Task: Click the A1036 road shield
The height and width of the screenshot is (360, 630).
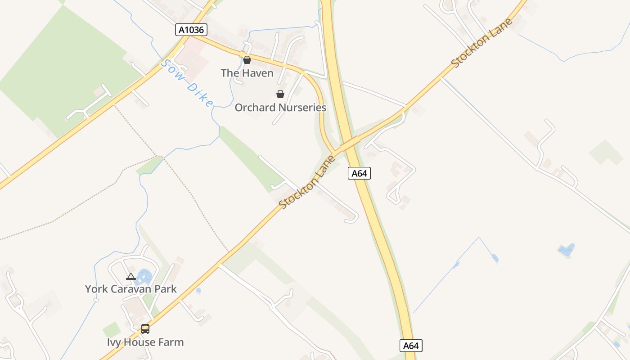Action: (x=191, y=30)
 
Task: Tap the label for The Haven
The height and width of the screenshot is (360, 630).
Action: (x=247, y=73)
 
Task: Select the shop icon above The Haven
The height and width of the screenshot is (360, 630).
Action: (x=247, y=59)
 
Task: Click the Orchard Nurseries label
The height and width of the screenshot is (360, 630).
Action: (x=280, y=108)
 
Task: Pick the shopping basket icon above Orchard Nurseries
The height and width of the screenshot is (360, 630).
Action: (x=280, y=94)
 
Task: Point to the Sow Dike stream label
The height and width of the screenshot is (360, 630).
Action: (x=186, y=84)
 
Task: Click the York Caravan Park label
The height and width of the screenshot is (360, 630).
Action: (x=131, y=289)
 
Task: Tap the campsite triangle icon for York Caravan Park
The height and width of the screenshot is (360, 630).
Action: (x=131, y=276)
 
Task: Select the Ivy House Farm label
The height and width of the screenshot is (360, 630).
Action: (x=145, y=342)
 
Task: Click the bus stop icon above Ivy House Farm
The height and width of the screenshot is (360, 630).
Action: (x=145, y=329)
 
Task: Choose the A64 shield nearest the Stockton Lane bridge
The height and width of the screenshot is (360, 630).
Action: (x=359, y=173)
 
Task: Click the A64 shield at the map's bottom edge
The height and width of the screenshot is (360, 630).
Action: (x=411, y=346)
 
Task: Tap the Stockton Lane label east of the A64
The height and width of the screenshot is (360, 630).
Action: (x=482, y=43)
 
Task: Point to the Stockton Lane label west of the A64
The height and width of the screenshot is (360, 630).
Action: (x=307, y=182)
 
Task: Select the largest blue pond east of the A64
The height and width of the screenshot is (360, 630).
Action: (x=566, y=249)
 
